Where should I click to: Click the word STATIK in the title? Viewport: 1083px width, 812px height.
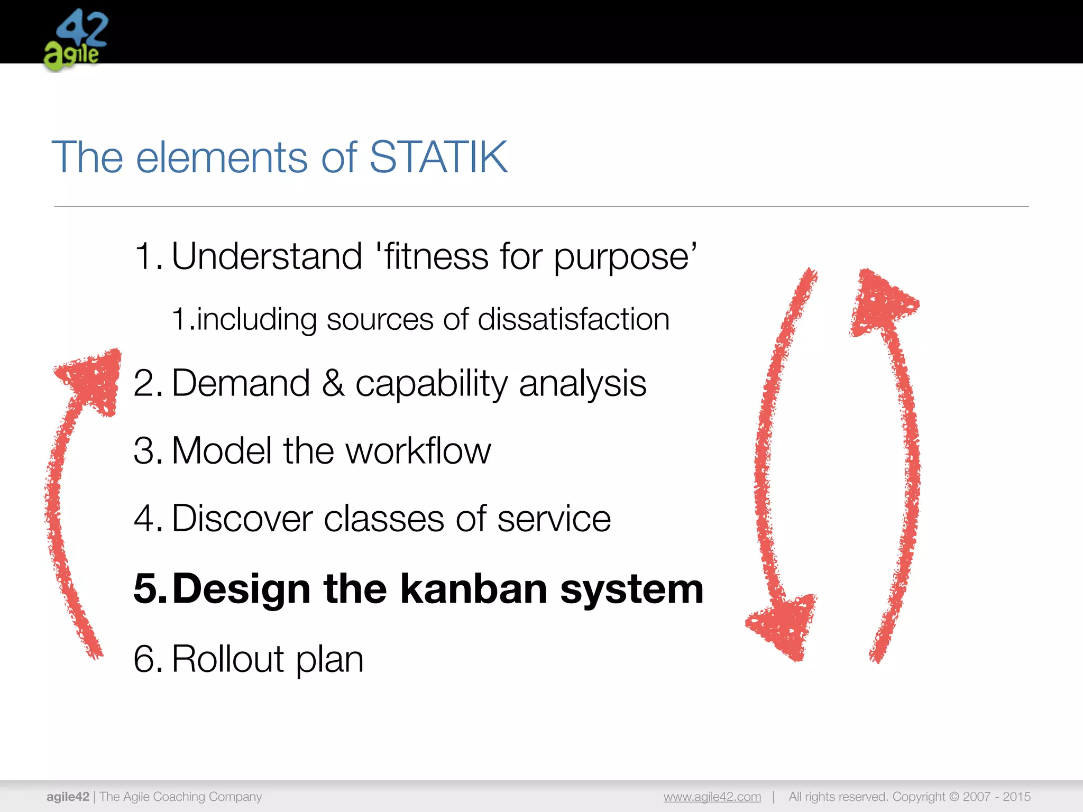(438, 157)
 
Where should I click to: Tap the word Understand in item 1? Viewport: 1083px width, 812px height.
(267, 256)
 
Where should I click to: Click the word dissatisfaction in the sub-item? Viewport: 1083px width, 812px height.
(573, 319)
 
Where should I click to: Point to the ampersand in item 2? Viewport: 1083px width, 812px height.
(333, 383)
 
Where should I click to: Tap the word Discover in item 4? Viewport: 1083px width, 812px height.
(242, 519)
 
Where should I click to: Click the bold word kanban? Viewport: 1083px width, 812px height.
(473, 589)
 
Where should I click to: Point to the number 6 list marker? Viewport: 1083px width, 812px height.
(144, 659)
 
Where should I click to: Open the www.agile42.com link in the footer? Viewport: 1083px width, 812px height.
(712, 797)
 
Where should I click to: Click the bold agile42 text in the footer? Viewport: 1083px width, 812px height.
(68, 797)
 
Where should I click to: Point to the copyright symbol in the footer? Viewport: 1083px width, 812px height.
(953, 797)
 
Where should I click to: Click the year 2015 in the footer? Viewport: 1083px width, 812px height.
(1016, 797)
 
